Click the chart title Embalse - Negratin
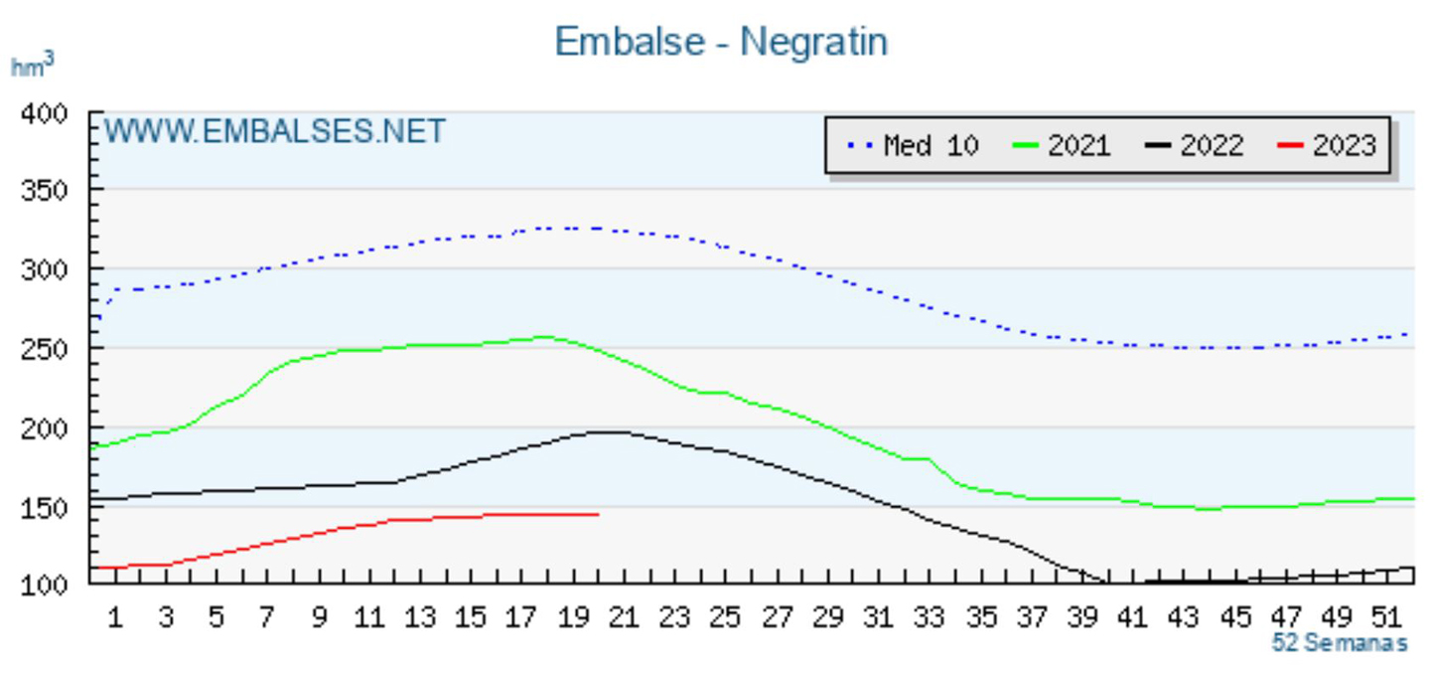[720, 43]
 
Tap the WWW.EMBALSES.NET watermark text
[275, 131]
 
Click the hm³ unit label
[32, 67]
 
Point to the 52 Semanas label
[1340, 643]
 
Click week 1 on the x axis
[115, 618]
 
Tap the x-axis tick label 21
[623, 618]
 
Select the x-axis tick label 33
[929, 618]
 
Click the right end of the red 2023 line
[598, 514]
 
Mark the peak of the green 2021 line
[544, 337]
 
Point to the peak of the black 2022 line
[608, 431]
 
